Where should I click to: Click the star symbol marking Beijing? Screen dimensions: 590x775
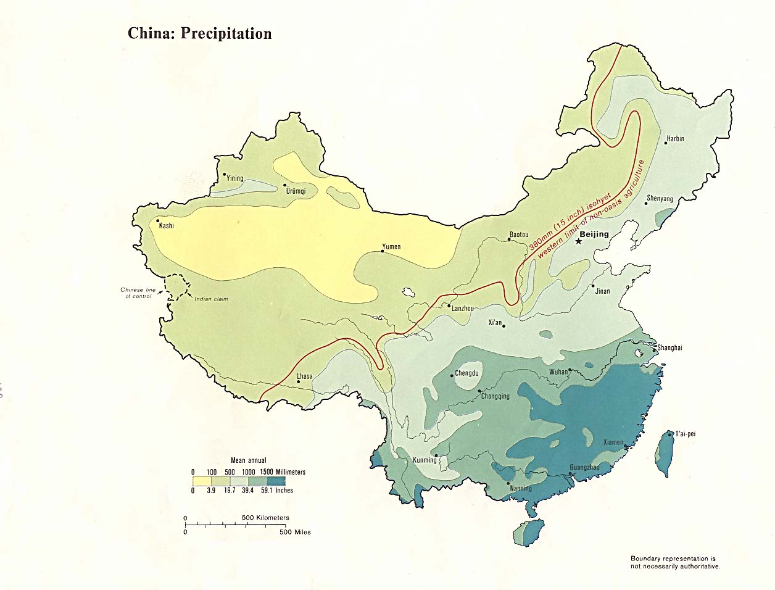(x=579, y=241)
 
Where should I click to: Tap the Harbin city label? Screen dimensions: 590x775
(x=674, y=139)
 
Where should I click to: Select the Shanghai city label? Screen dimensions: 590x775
(x=669, y=348)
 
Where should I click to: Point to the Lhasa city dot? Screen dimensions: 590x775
(x=299, y=382)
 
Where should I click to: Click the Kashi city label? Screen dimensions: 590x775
(x=167, y=226)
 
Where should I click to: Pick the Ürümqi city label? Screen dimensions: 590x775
(x=296, y=191)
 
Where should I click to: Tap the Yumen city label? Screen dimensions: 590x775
(x=391, y=247)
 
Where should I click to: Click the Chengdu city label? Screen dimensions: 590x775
(x=466, y=374)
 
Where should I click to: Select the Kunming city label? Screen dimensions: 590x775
(x=425, y=460)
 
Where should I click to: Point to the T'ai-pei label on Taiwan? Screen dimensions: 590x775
(x=685, y=434)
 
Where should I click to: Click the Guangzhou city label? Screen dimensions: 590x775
(x=584, y=468)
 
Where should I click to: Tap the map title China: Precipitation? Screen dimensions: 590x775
(x=199, y=33)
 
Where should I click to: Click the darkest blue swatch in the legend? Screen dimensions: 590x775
(x=276, y=481)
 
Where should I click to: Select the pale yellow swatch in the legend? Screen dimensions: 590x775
(x=202, y=481)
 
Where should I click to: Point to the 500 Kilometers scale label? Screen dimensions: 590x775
(x=265, y=518)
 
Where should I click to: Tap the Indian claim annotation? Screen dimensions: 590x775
(x=211, y=299)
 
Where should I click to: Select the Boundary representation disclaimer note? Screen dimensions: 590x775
(x=674, y=562)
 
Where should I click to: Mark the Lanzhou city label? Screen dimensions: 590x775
(x=463, y=308)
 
